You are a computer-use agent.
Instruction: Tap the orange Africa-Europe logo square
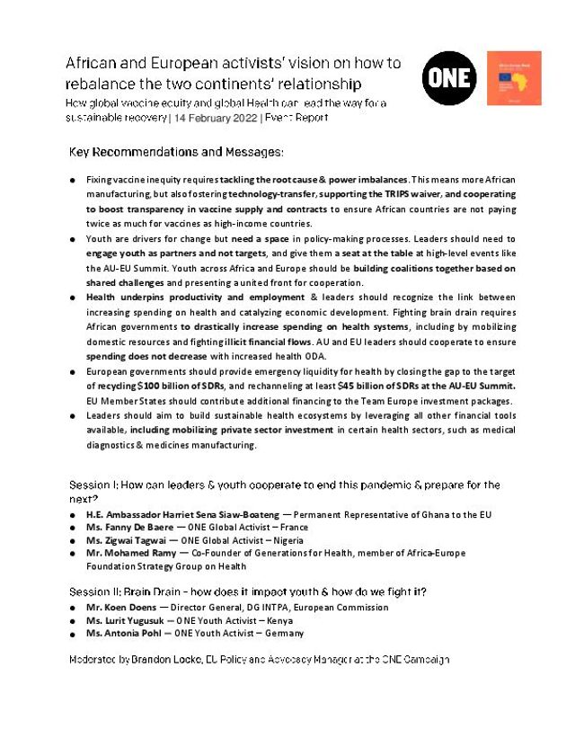tap(514, 78)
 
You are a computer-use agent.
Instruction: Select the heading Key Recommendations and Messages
tap(175, 150)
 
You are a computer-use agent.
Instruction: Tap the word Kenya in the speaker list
tap(284, 620)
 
